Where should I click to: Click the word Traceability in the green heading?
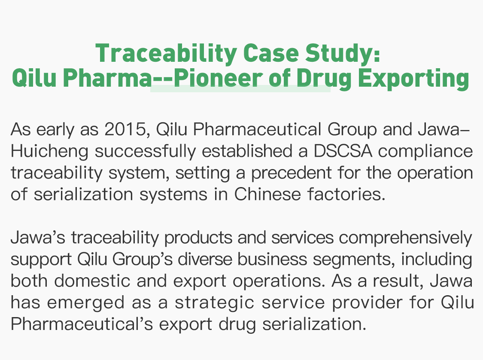166,53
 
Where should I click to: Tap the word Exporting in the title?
413,78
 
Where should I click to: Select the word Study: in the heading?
343,53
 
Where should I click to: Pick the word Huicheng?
50,151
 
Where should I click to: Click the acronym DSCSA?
343,151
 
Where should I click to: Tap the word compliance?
425,151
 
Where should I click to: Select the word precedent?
291,173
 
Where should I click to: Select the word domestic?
92,281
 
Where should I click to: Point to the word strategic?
215,303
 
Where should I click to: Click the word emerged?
86,303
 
